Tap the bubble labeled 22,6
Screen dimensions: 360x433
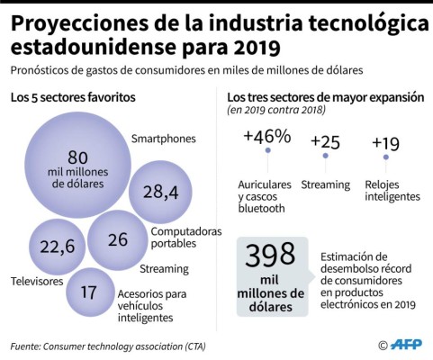click(57, 244)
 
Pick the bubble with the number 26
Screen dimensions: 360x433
click(117, 239)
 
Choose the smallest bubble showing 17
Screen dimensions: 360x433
click(89, 292)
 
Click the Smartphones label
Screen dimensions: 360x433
click(164, 139)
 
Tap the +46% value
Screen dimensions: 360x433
click(266, 137)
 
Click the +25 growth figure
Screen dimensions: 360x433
click(326, 140)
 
